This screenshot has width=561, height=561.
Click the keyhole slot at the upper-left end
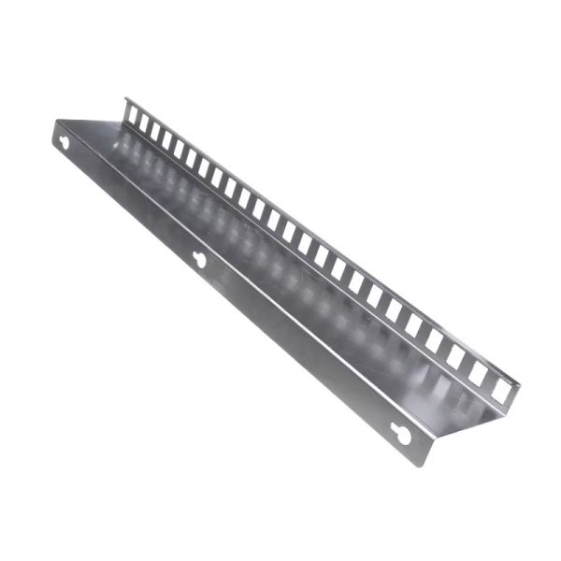(x=65, y=143)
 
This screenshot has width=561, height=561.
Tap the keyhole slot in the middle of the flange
(x=199, y=259)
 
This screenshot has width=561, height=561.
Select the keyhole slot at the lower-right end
(x=400, y=434)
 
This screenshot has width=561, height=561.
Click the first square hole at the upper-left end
(x=133, y=114)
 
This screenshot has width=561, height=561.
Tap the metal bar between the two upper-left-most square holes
(x=138, y=119)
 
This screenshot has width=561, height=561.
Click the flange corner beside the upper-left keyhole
(x=55, y=123)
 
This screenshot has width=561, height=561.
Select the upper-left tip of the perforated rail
(x=126, y=97)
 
